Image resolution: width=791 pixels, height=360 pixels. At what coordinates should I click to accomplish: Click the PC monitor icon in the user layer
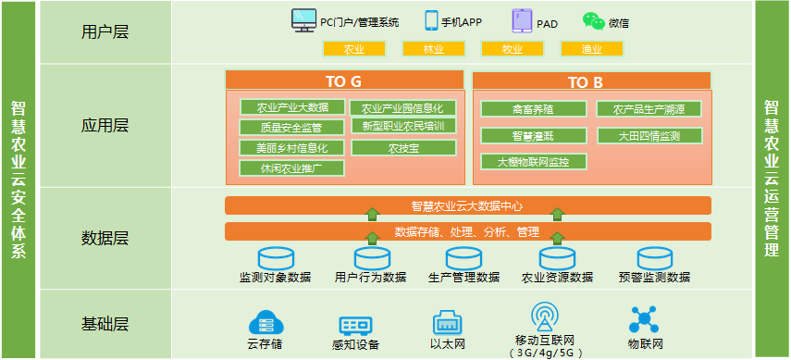tap(303, 19)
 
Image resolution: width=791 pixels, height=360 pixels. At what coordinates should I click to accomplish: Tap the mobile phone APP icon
tap(431, 20)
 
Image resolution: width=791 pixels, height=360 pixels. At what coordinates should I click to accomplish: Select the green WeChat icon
tap(593, 20)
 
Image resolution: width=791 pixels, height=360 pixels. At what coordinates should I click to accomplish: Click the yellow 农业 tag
tap(353, 49)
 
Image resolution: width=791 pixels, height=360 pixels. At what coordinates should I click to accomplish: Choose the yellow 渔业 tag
tap(592, 49)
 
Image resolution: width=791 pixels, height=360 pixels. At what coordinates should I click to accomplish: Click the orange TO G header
tap(343, 81)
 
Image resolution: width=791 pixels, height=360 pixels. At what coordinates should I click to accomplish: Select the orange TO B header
tap(591, 81)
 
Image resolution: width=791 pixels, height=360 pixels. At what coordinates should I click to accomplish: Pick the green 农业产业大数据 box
tap(291, 106)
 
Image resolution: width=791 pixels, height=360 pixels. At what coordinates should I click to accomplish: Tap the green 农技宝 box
tap(403, 147)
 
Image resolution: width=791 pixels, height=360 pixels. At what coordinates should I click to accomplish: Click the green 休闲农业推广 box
tap(291, 168)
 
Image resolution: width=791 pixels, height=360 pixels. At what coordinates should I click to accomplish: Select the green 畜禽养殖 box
tap(533, 109)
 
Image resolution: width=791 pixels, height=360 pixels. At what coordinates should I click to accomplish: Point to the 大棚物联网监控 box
tap(533, 162)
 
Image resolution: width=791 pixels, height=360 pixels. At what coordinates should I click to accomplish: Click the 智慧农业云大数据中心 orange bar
tap(467, 205)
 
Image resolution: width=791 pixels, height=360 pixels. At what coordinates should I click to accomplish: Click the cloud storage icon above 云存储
tap(265, 324)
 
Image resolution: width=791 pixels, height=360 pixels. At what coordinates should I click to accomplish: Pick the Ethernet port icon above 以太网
tap(447, 323)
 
